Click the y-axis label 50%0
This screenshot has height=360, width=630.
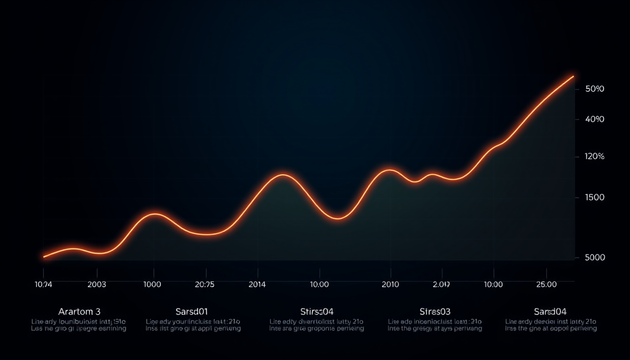click(595, 89)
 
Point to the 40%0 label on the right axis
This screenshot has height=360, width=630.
click(595, 120)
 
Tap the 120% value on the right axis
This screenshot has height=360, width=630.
click(595, 157)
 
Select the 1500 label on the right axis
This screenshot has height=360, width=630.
click(595, 197)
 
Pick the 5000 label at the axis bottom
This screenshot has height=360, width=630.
click(595, 257)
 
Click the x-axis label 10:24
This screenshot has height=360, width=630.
click(44, 284)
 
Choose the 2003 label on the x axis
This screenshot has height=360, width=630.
click(97, 284)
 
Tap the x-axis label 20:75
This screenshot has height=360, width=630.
click(204, 284)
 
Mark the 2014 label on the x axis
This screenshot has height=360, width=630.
click(257, 284)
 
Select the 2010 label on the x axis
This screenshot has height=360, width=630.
click(390, 284)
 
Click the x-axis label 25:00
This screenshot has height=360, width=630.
click(547, 284)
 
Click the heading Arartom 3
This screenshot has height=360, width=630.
click(79, 311)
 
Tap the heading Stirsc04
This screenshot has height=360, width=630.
click(316, 311)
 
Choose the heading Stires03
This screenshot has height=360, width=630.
click(435, 311)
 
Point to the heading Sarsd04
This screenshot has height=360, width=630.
click(550, 311)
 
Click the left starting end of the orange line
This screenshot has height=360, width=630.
click(44, 256)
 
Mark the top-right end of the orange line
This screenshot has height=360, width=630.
click(573, 76)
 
